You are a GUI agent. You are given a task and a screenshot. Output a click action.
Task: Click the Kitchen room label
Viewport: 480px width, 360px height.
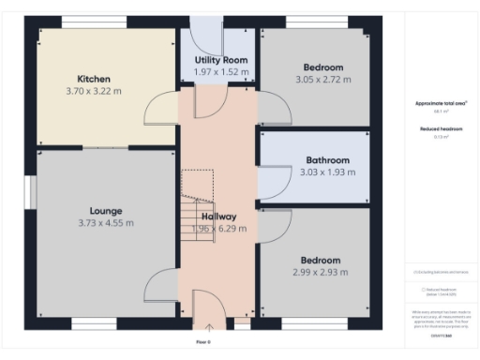[x=95, y=79]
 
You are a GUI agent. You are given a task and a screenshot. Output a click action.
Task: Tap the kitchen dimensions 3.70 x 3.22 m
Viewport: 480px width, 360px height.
[x=95, y=91]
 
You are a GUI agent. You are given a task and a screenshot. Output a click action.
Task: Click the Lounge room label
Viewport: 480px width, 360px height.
[x=106, y=211]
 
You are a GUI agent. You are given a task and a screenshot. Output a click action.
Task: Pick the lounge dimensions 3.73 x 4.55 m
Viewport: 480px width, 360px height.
[x=106, y=223]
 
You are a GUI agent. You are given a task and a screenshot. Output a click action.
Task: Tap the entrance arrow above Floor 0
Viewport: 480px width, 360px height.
[x=209, y=327]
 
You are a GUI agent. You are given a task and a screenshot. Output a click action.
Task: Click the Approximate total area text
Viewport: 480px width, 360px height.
[x=441, y=104]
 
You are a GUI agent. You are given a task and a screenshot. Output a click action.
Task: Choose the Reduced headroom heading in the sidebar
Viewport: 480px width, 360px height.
[x=441, y=127]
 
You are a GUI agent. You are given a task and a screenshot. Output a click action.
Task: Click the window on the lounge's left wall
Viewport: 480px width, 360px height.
[x=32, y=193]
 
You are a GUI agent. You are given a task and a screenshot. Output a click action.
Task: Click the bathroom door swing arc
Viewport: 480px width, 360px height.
[x=273, y=181]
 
